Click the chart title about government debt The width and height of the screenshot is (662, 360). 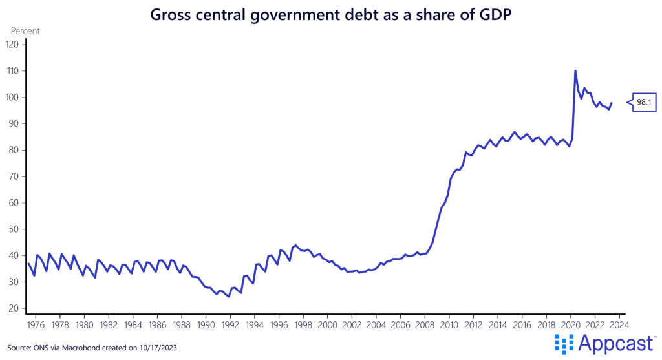[331, 14]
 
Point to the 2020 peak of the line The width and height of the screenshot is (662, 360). [575, 71]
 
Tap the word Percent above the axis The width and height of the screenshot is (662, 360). [25, 30]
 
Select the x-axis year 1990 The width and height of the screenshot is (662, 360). [206, 325]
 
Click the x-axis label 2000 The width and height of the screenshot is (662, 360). [327, 325]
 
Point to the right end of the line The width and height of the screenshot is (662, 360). [612, 103]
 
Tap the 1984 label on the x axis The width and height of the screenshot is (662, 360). [133, 325]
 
